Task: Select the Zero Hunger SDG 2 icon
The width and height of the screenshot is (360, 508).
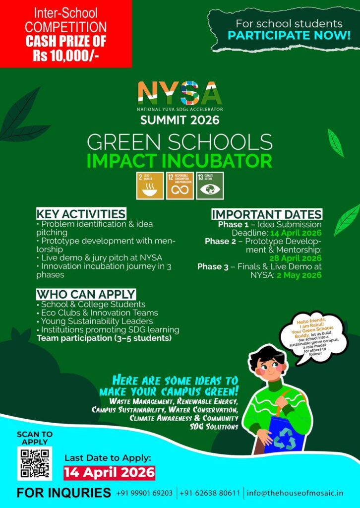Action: tap(150, 186)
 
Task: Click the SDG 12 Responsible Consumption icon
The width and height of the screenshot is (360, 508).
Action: tap(180, 186)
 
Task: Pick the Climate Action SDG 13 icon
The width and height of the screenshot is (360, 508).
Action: tap(210, 186)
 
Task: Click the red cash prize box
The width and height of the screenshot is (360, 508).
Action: tap(65, 34)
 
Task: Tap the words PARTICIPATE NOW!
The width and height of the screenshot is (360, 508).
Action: tap(289, 36)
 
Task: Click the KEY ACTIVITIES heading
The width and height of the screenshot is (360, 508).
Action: tap(81, 214)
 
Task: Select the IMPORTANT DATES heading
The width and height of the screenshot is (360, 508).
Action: tap(267, 214)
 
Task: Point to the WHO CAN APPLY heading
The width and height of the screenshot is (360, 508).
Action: tap(86, 294)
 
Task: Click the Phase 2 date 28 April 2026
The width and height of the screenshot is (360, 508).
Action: tap(295, 258)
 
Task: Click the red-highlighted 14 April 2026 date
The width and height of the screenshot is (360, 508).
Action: tap(109, 472)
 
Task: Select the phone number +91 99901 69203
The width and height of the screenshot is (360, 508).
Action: tap(144, 493)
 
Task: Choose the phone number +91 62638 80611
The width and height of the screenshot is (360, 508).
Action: tap(210, 493)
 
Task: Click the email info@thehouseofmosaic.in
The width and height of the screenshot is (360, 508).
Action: tap(295, 493)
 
